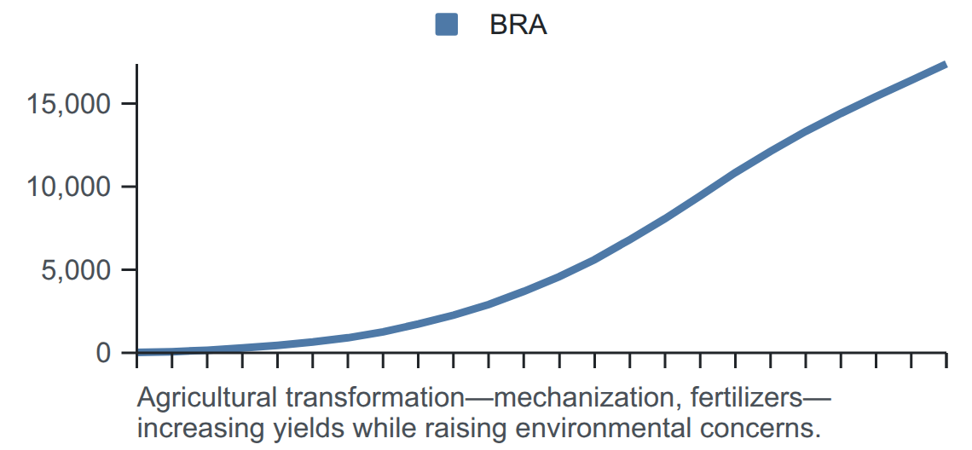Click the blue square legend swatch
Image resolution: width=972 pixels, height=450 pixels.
coord(446,25)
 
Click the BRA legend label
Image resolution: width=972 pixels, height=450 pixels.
coord(518,26)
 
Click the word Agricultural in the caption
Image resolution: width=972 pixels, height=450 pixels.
coord(208,397)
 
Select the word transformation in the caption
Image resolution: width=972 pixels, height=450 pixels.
coord(373,397)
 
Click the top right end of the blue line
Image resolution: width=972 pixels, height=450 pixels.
coord(946,65)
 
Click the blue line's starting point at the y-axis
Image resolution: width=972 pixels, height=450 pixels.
coord(137,352)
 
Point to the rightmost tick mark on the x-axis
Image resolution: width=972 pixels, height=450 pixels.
coord(946,361)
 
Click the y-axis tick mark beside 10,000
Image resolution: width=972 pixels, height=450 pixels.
coord(129,187)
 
